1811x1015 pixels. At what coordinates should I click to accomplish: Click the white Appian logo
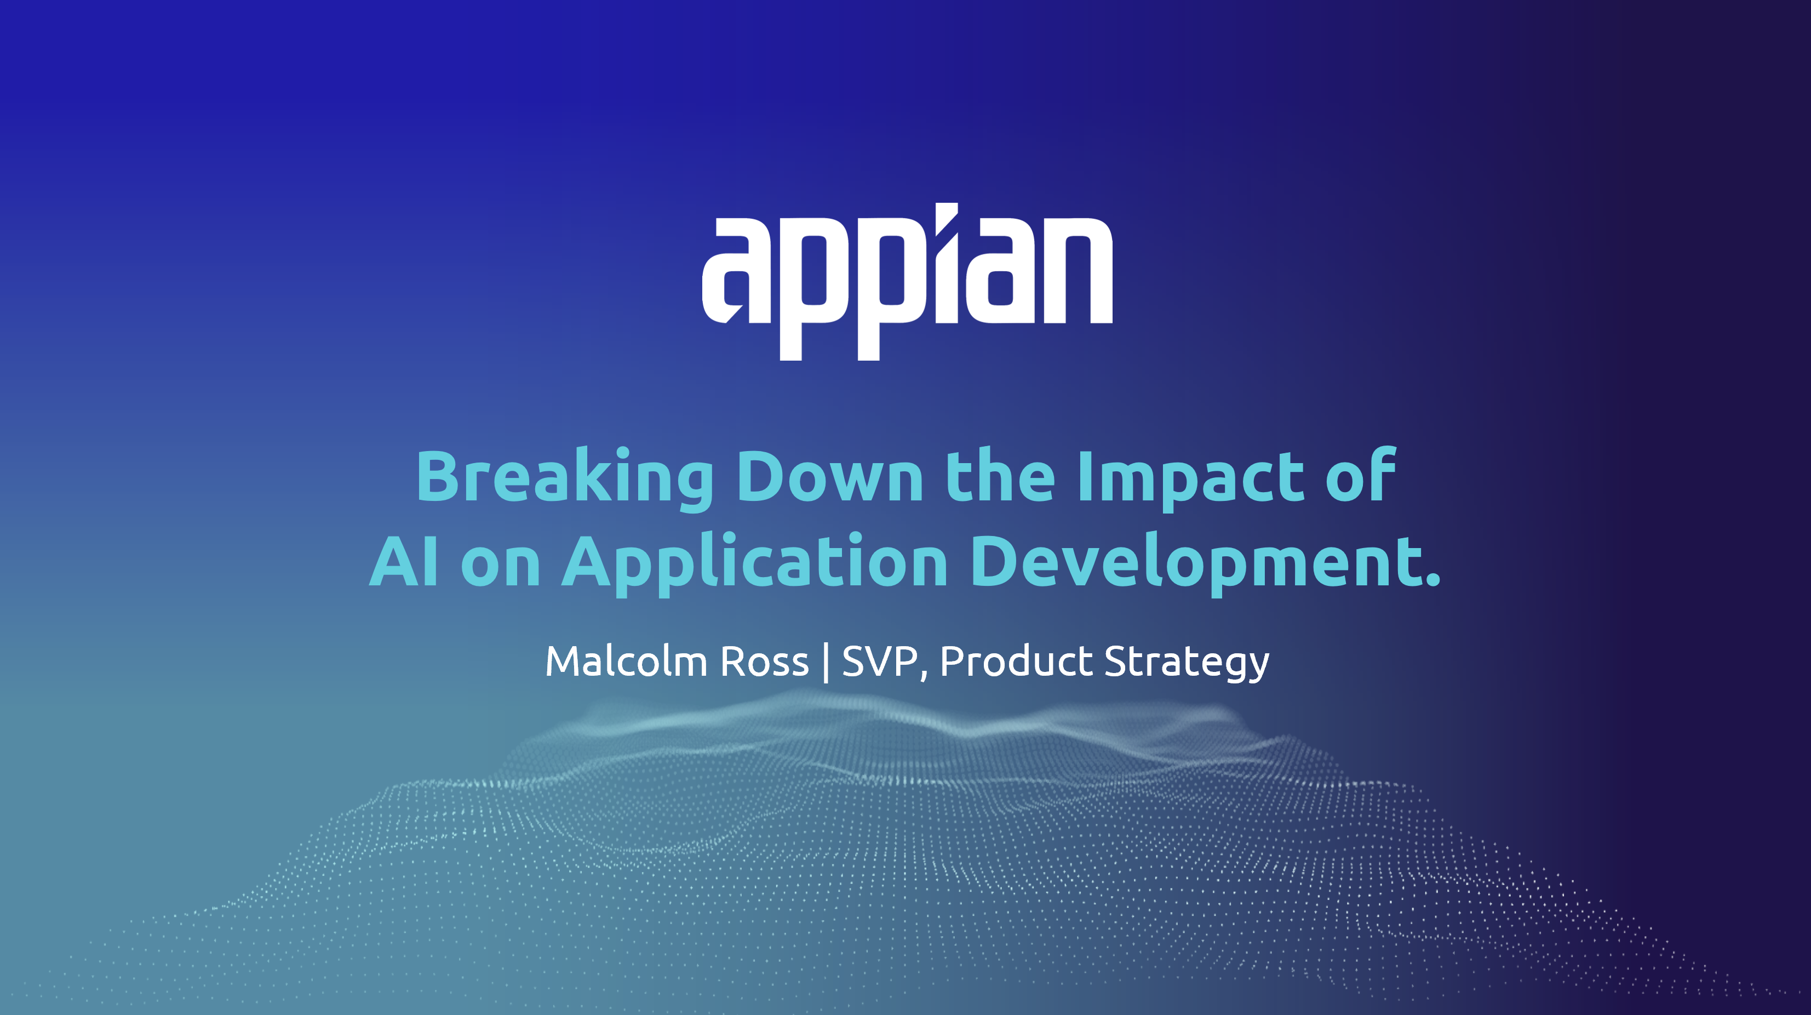coord(907,281)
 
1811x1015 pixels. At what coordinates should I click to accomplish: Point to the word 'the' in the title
coord(1000,476)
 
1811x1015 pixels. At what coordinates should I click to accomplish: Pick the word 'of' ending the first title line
coord(1360,474)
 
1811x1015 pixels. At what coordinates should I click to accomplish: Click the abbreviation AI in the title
coord(405,561)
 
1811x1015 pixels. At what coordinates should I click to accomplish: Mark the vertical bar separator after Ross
coord(826,662)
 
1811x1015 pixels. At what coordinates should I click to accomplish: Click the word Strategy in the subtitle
coord(1187,663)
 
